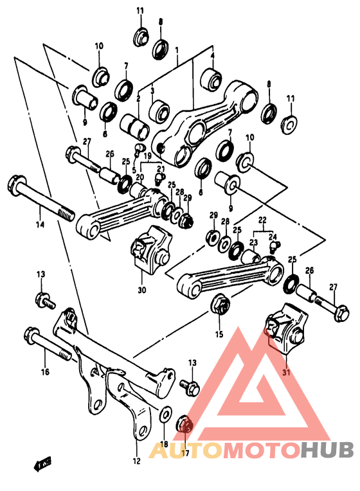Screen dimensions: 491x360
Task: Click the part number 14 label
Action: tap(40, 224)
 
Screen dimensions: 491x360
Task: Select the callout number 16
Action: tap(44, 371)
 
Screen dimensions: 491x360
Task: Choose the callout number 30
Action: tap(141, 290)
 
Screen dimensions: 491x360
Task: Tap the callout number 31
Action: tap(286, 371)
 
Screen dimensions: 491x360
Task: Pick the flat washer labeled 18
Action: tap(164, 413)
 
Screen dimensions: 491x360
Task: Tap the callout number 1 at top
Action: tap(177, 50)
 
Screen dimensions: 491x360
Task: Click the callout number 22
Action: tap(262, 220)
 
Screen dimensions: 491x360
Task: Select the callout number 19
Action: tap(147, 156)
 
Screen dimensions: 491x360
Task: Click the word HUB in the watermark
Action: tap(327, 451)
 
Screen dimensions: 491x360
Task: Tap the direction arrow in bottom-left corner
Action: tap(44, 462)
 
